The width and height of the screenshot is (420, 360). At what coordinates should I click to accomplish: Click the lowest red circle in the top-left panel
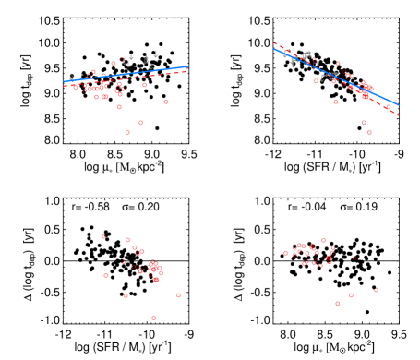[x=127, y=132]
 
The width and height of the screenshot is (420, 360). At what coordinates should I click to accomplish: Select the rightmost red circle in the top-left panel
[x=166, y=102]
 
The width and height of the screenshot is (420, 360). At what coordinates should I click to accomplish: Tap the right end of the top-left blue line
[x=188, y=66]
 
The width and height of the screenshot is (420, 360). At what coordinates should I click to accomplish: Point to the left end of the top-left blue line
[x=64, y=81]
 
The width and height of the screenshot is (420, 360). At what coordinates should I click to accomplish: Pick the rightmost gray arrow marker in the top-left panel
[x=155, y=54]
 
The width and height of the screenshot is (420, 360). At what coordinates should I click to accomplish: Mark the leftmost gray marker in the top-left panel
[x=71, y=78]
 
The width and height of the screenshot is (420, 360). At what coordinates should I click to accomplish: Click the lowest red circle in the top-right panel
[x=369, y=132]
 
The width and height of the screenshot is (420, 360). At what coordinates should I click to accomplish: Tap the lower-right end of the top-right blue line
[x=398, y=104]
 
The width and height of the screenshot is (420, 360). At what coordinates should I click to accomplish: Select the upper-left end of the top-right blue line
[x=274, y=49]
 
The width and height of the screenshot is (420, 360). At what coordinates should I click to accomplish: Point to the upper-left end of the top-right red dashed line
[x=274, y=42]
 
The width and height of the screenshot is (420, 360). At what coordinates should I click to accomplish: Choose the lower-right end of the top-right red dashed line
[x=398, y=114]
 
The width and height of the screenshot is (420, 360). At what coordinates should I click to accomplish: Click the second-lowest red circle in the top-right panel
[x=364, y=122]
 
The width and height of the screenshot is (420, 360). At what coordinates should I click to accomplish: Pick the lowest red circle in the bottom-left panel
[x=153, y=318]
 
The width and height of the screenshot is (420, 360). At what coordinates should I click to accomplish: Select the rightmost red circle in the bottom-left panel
[x=178, y=295]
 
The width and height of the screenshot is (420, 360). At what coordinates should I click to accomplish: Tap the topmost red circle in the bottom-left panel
[x=103, y=236]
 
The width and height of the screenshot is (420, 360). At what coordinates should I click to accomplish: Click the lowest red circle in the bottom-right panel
[x=337, y=303]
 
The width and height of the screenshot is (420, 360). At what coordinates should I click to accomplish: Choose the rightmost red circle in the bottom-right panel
[x=376, y=290]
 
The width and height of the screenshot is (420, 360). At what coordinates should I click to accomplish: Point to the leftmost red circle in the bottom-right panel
[x=285, y=253]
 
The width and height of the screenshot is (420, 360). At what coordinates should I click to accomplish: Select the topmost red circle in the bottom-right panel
[x=323, y=241]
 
